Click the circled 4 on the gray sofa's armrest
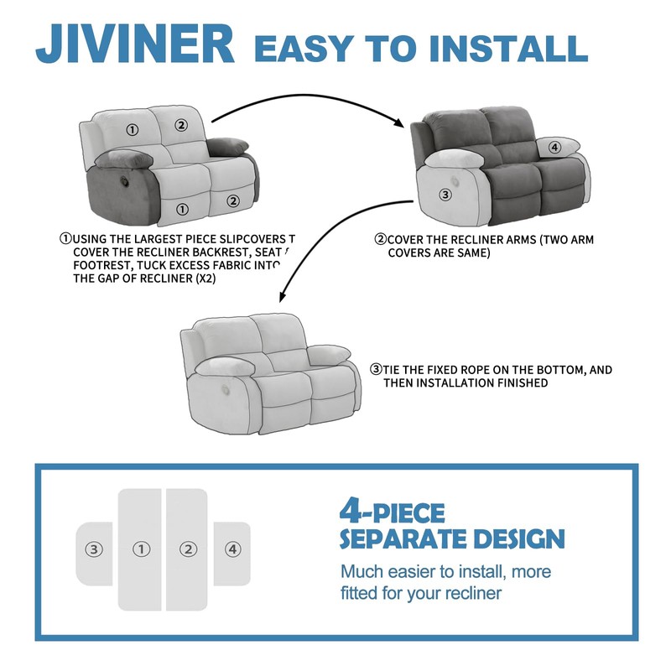click(x=554, y=148)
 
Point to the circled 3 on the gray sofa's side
click(x=445, y=194)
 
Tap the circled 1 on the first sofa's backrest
click(x=132, y=129)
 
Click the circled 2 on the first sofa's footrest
click(x=233, y=201)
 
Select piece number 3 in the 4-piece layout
click(x=94, y=550)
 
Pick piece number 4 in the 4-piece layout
click(x=232, y=550)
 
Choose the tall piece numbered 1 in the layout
click(x=141, y=550)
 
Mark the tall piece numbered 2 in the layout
click(x=187, y=550)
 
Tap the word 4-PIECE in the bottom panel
click(x=393, y=511)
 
